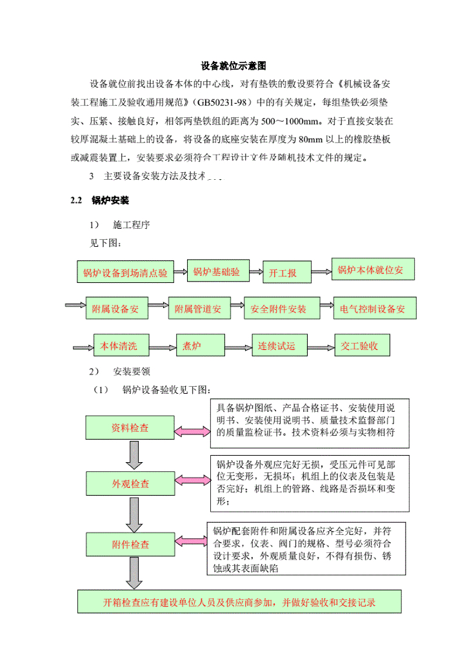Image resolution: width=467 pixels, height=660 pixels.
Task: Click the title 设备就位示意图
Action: pyautogui.click(x=233, y=66)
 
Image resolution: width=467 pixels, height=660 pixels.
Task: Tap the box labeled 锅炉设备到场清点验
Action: pyautogui.click(x=125, y=273)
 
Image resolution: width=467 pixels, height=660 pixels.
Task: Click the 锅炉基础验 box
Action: pyautogui.click(x=216, y=271)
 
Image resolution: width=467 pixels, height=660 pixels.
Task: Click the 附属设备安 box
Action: pyautogui.click(x=116, y=309)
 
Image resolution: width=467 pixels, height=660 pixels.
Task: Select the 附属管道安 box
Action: pyautogui.click(x=198, y=309)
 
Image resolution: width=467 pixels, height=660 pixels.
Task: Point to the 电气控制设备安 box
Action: pyautogui.click(x=374, y=309)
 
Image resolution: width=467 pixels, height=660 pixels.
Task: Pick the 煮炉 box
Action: pyautogui.click(x=194, y=346)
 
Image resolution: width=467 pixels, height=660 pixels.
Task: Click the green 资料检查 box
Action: pyautogui.click(x=130, y=428)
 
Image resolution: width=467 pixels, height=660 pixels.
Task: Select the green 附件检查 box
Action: pyautogui.click(x=130, y=545)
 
